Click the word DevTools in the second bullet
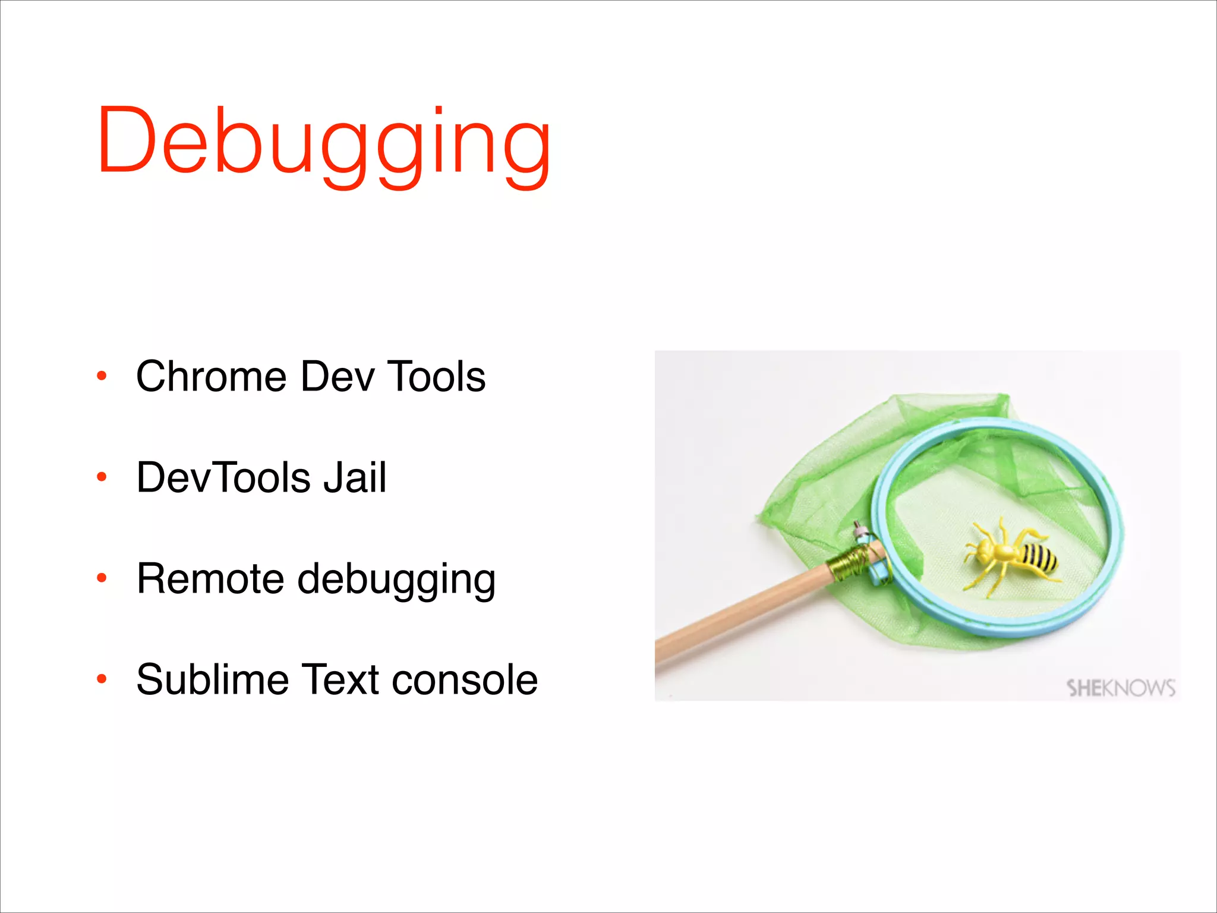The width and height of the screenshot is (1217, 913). coord(223,477)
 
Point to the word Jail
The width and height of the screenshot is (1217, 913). coord(355,477)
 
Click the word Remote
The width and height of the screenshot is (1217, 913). coord(210,578)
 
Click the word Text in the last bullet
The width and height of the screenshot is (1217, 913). coord(340,679)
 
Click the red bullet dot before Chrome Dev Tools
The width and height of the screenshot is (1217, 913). coord(102,376)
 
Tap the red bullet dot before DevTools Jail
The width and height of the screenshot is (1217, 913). coord(102,477)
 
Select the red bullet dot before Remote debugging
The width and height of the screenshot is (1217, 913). coord(102,578)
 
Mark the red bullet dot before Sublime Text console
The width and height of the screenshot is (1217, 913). coord(102,679)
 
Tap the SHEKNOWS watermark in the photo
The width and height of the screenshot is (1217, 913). coord(1121,688)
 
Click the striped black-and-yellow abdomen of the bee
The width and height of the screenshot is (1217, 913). coord(1040,559)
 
